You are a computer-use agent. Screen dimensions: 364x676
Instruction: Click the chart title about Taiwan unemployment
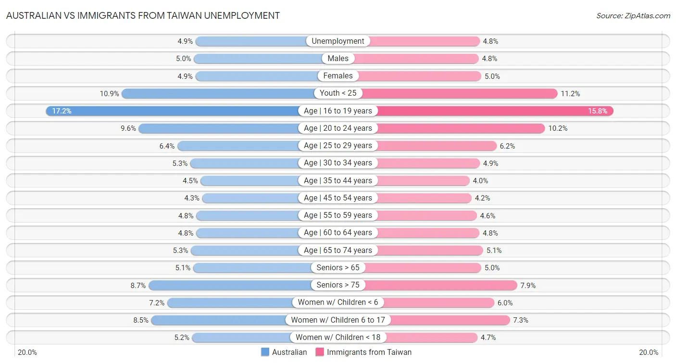click(x=143, y=15)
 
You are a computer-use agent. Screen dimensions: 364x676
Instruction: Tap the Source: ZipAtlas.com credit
click(x=633, y=15)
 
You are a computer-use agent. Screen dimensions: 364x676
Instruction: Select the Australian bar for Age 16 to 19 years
click(x=173, y=111)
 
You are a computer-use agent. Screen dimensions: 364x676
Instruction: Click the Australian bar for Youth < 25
click(x=216, y=93)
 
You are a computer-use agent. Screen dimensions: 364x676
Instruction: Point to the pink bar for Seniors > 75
click(x=440, y=285)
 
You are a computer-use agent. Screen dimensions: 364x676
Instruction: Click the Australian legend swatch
click(x=265, y=352)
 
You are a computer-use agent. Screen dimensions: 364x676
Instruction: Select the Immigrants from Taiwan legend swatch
click(x=320, y=352)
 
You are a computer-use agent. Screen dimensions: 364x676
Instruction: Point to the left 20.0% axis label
click(x=27, y=352)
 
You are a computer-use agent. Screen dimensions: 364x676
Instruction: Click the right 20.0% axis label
click(x=649, y=352)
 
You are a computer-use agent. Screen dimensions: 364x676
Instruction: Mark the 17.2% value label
click(x=62, y=111)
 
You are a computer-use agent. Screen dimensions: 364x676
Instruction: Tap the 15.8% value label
click(x=598, y=111)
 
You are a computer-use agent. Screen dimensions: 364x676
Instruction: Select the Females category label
click(x=338, y=76)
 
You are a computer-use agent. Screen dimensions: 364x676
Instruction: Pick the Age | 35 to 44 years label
click(x=338, y=181)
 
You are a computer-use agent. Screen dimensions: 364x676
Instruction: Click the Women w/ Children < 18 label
click(x=338, y=338)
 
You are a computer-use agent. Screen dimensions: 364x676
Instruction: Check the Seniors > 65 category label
click(x=338, y=268)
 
